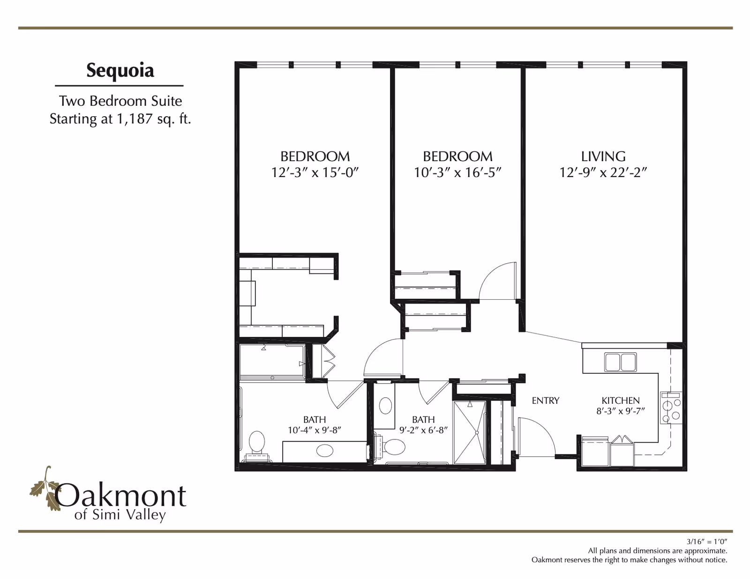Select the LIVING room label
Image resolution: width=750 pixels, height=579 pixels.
(603, 156)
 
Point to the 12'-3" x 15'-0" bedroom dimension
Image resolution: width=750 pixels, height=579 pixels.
(315, 172)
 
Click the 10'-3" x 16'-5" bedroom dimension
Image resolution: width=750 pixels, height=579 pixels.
(457, 172)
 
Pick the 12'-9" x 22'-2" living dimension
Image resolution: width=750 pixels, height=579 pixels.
(603, 172)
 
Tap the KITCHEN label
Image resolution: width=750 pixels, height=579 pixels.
(621, 401)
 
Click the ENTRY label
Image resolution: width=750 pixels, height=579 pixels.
(545, 401)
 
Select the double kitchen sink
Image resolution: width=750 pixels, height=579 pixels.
(620, 362)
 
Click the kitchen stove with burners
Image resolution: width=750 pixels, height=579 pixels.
(671, 408)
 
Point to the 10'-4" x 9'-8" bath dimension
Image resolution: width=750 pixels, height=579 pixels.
(315, 430)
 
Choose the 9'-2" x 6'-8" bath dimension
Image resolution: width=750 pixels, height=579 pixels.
(423, 430)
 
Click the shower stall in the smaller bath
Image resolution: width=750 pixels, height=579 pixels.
(470, 432)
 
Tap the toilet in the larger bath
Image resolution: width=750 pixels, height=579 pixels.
(257, 445)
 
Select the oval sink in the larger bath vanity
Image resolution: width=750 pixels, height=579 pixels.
(325, 450)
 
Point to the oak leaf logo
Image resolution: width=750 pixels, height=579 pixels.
(45, 488)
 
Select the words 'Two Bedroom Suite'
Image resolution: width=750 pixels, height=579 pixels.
(120, 101)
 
